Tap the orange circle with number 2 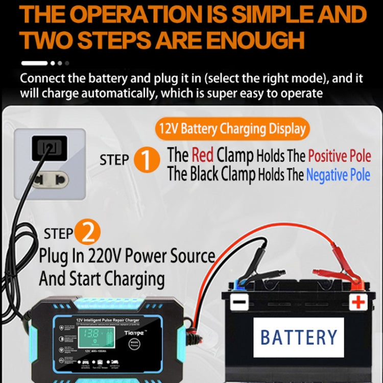pos(88,233)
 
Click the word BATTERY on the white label pos(299,338)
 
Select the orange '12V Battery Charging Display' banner pos(232,129)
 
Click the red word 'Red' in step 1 pos(203,154)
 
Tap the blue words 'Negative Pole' pos(338,175)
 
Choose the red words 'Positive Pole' pos(339,155)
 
